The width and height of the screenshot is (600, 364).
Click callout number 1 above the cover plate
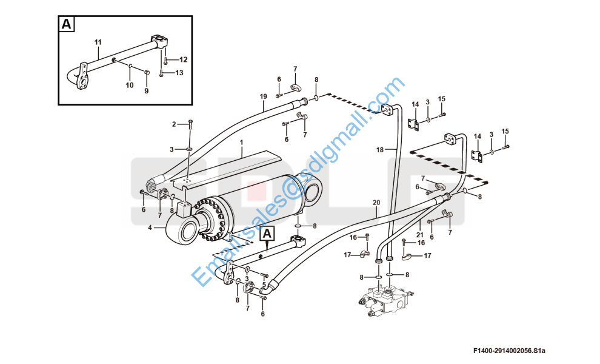click(241, 142)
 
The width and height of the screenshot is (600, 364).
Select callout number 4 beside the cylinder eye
click(150, 227)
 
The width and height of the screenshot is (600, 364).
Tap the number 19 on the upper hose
click(263, 96)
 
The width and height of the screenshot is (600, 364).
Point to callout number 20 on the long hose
click(376, 203)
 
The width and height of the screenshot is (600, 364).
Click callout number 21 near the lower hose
click(420, 235)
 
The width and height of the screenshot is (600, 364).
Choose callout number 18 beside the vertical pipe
click(379, 150)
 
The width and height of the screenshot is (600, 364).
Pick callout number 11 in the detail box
click(98, 42)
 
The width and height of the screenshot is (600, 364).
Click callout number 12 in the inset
click(183, 59)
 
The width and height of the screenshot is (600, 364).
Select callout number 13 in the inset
click(179, 72)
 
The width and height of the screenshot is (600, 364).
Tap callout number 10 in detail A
click(130, 85)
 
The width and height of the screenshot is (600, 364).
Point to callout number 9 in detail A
click(146, 91)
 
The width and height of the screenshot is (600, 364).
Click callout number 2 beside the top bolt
click(174, 124)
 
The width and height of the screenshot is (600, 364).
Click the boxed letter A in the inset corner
click(67, 24)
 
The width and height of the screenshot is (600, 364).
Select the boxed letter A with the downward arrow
click(267, 233)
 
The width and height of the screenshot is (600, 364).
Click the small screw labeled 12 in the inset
click(165, 60)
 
